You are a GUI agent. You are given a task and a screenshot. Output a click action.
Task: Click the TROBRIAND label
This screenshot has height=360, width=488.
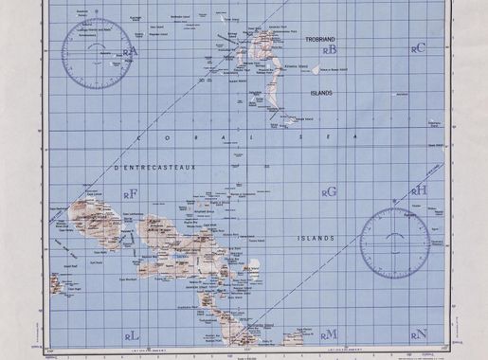click(321, 39)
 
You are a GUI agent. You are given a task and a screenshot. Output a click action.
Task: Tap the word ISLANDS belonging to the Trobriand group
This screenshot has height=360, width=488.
click(321, 94)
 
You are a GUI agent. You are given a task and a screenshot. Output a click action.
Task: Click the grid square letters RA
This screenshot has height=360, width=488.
click(130, 52)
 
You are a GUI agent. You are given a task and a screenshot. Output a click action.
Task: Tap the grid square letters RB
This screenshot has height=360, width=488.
click(329, 49)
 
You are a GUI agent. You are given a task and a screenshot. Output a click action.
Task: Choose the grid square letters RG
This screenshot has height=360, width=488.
click(329, 191)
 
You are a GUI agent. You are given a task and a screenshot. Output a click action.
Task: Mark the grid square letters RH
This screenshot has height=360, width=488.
click(419, 190)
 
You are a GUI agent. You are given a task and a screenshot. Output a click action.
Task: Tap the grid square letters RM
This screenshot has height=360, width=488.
click(329, 333)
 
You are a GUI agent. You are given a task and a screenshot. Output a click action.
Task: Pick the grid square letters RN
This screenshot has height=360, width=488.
click(419, 333)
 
